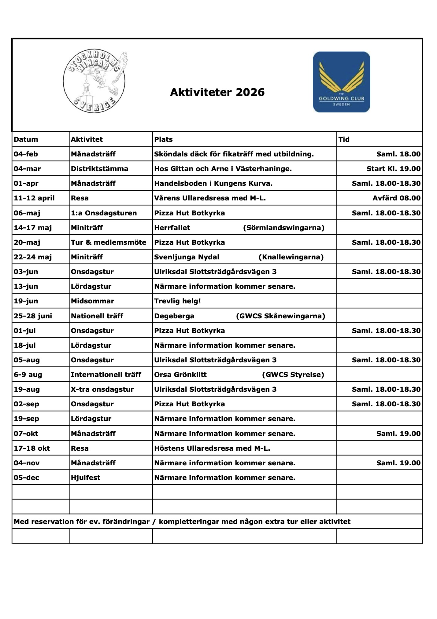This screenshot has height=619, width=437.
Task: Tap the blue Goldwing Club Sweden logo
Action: pyautogui.click(x=341, y=82)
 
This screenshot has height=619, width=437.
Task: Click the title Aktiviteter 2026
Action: pyautogui.click(x=217, y=92)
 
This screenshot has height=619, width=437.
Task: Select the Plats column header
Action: pyautogui.click(x=164, y=139)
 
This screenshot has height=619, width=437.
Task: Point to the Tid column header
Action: pyautogui.click(x=344, y=139)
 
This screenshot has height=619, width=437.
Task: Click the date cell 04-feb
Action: pyautogui.click(x=26, y=154)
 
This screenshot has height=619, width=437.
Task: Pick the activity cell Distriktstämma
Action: pyautogui.click(x=99, y=169)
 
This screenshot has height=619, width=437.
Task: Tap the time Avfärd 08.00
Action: pyautogui.click(x=396, y=198)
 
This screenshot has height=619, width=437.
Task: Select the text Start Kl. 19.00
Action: pyautogui.click(x=393, y=169)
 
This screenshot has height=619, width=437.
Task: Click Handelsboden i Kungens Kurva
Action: pyautogui.click(x=213, y=183)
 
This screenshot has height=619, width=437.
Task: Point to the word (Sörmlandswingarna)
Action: pyautogui.click(x=283, y=228)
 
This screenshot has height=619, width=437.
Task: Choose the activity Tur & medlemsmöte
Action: pyautogui.click(x=109, y=242)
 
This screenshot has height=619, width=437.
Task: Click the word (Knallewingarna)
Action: pyautogui.click(x=291, y=257)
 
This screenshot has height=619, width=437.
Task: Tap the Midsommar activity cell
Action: pyautogui.click(x=92, y=301)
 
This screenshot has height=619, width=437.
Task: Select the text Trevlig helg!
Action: pyautogui.click(x=177, y=301)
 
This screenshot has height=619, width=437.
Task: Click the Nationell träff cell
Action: pyautogui.click(x=97, y=316)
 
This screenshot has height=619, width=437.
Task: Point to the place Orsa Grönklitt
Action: pyautogui.click(x=180, y=375)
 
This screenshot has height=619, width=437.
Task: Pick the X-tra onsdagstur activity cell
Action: pyautogui.click(x=102, y=389)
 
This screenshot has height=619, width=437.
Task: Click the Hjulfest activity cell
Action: pyautogui.click(x=86, y=478)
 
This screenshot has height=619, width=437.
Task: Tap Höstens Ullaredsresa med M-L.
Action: pyautogui.click(x=212, y=448)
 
